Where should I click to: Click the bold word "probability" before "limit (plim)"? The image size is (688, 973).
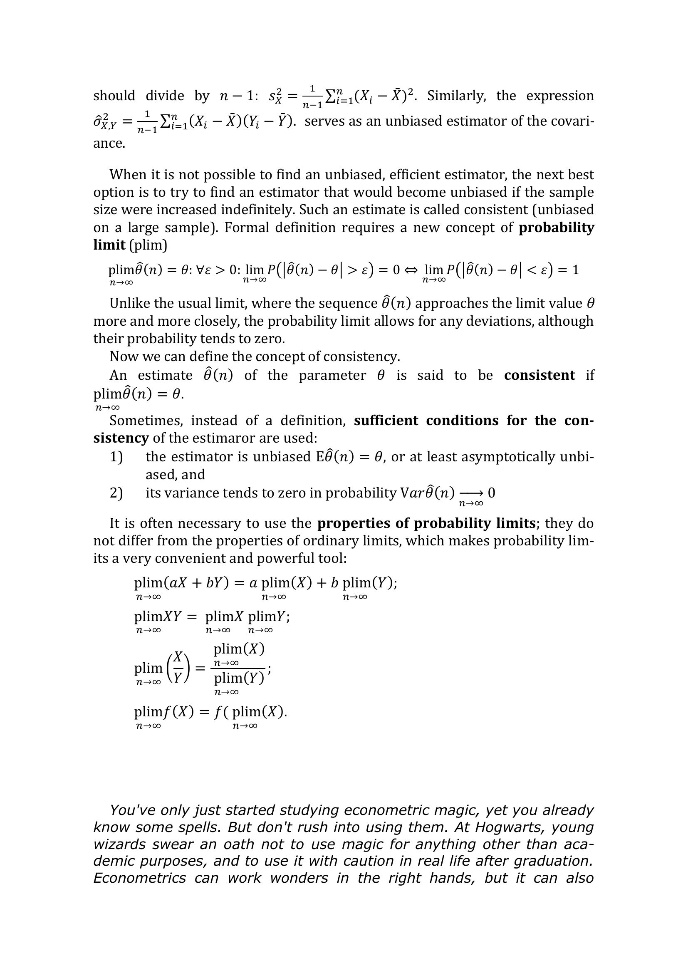coord(556,228)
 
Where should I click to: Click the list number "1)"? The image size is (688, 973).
coord(116,457)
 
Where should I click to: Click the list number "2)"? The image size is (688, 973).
coord(116,493)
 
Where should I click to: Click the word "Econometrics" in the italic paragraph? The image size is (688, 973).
coord(139,878)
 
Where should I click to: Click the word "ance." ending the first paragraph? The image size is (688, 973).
coord(109,143)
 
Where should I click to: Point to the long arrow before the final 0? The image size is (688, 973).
coord(471,493)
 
